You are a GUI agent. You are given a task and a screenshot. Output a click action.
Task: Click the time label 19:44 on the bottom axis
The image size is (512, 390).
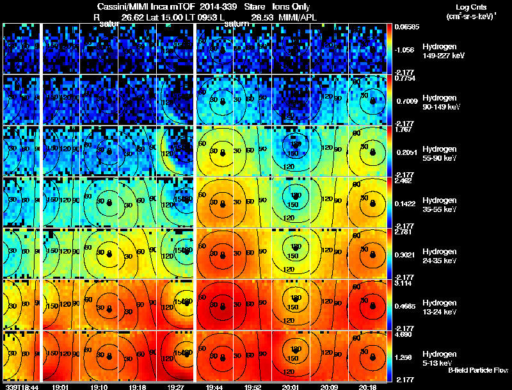point(214,387)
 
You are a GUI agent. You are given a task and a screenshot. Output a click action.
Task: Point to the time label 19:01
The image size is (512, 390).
point(62,387)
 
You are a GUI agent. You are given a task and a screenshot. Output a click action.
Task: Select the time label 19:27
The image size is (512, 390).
point(177,387)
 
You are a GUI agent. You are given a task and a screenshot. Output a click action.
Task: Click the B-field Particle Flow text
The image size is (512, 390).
point(478,370)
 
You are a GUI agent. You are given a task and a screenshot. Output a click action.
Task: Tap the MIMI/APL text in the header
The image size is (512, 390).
point(298,17)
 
